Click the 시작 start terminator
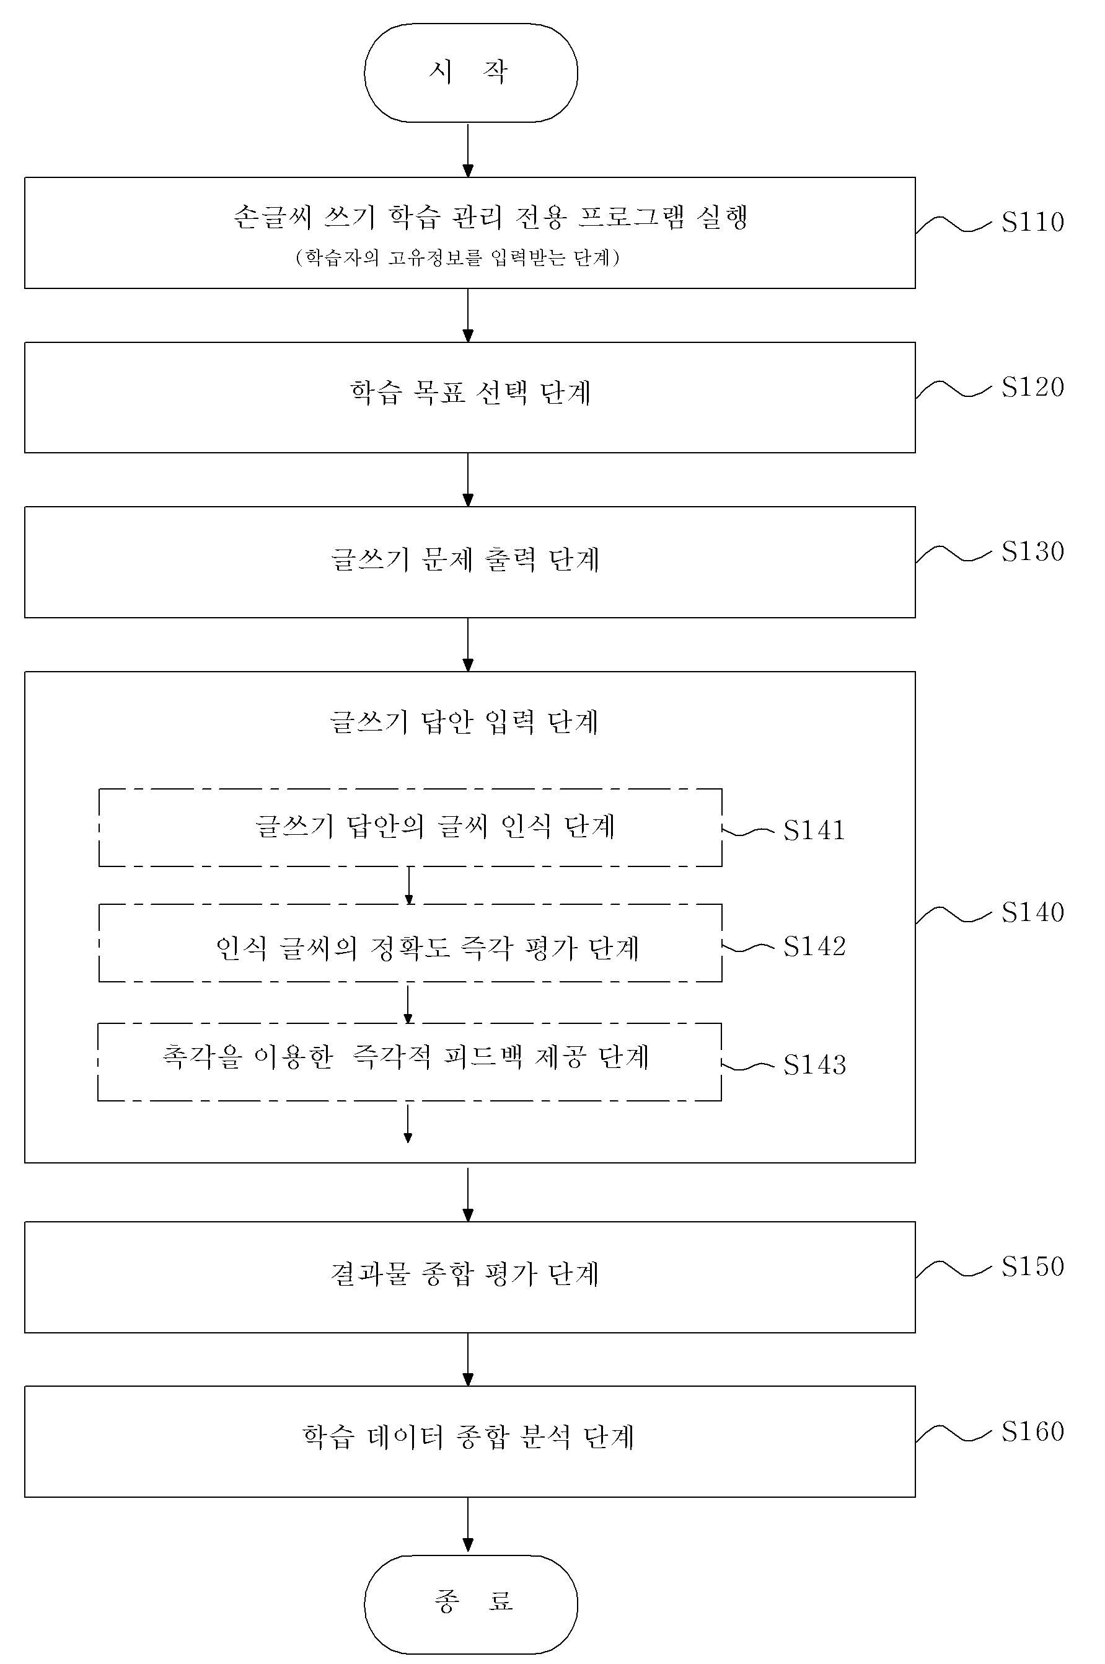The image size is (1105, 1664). tap(471, 73)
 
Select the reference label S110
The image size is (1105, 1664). tap(1032, 222)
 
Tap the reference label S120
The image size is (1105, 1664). tap(1032, 387)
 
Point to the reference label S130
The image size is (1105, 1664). tap(1032, 551)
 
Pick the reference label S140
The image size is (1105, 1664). tap(1032, 912)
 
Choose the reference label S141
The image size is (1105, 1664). tap(814, 830)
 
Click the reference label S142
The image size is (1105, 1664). tap(814, 946)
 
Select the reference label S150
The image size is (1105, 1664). tap(1032, 1266)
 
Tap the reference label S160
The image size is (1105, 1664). tap(1032, 1431)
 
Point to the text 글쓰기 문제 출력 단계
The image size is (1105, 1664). tap(465, 560)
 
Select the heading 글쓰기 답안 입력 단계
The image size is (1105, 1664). tap(464, 722)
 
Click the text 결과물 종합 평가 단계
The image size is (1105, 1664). tap(465, 1274)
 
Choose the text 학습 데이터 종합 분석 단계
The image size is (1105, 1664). tap(469, 1436)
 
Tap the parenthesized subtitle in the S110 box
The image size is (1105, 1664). tap(458, 258)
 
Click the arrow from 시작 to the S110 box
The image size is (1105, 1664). tap(468, 150)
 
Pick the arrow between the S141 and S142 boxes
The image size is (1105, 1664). tap(409, 886)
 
